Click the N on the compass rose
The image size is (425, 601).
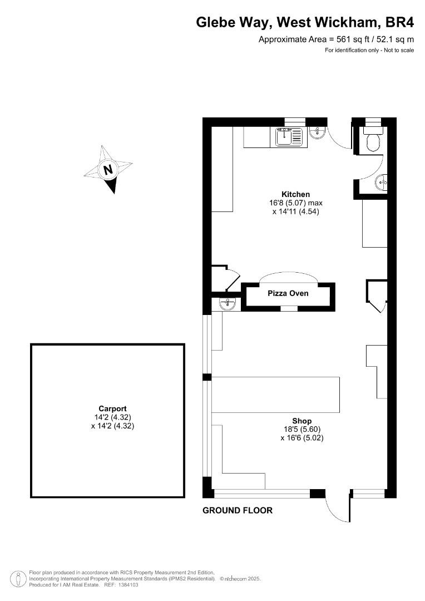click(108, 169)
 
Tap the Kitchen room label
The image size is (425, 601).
click(295, 194)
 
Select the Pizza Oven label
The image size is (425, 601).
click(288, 293)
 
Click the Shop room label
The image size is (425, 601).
click(302, 421)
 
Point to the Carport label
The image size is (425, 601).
click(113, 408)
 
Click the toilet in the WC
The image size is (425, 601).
click(373, 141)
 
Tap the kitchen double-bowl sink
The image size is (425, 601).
click(289, 137)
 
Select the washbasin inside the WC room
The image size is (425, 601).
click(381, 181)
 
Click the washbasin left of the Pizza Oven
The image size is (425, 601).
click(228, 304)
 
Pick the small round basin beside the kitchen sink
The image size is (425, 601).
click(317, 132)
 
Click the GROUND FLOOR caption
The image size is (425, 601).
click(238, 510)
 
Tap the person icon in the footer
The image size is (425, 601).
click(16, 579)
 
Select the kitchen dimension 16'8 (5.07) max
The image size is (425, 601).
click(296, 203)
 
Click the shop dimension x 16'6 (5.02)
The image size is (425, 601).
click(302, 438)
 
